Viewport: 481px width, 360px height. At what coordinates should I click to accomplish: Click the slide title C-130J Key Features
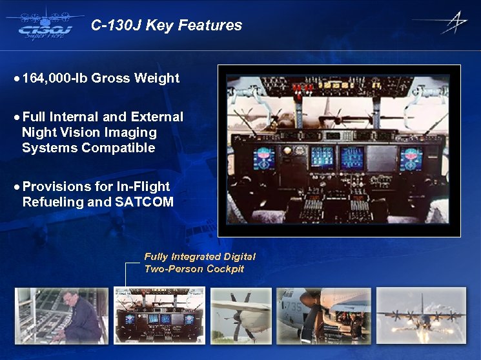pyautogui.click(x=167, y=26)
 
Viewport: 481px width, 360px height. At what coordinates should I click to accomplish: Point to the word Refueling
pyautogui.click(x=52, y=202)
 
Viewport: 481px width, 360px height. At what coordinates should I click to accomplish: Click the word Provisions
pyautogui.click(x=54, y=186)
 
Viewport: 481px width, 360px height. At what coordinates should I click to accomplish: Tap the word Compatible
pyautogui.click(x=121, y=148)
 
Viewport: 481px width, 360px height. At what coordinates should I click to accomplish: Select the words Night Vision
pyautogui.click(x=59, y=132)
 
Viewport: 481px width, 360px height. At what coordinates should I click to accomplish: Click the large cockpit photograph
pyautogui.click(x=339, y=151)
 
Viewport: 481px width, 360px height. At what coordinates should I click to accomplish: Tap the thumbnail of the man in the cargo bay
pyautogui.click(x=62, y=315)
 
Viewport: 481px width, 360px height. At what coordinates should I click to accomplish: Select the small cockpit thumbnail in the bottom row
pyautogui.click(x=159, y=315)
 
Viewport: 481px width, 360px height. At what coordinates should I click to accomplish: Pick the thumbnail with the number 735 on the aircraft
pyautogui.click(x=324, y=315)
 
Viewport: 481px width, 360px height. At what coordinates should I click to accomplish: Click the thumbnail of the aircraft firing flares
pyautogui.click(x=421, y=315)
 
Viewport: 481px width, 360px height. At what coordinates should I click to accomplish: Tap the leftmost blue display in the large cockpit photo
pyautogui.click(x=264, y=157)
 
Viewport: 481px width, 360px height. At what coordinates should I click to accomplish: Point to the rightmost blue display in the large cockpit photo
pyautogui.click(x=411, y=157)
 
